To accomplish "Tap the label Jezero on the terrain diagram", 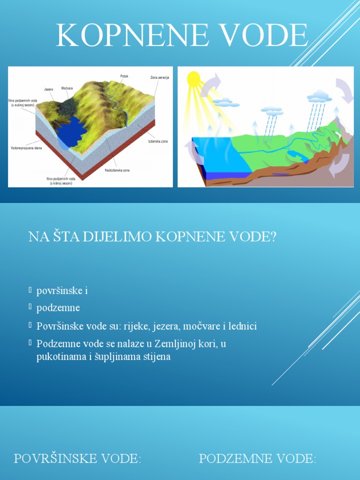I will coord(48,89).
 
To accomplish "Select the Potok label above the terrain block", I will coord(124,76).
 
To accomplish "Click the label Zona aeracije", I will coord(159,77).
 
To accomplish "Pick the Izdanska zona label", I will coord(157,141).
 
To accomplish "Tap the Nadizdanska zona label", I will coord(117,170).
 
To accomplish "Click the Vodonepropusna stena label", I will coord(26,148).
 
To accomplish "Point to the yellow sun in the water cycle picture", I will coord(194,79).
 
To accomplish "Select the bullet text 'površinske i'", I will coord(62,291).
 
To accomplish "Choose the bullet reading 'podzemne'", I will coord(58,308).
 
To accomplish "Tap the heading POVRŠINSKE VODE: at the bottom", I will coord(77,458).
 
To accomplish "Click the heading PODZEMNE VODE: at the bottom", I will coord(257,458).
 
